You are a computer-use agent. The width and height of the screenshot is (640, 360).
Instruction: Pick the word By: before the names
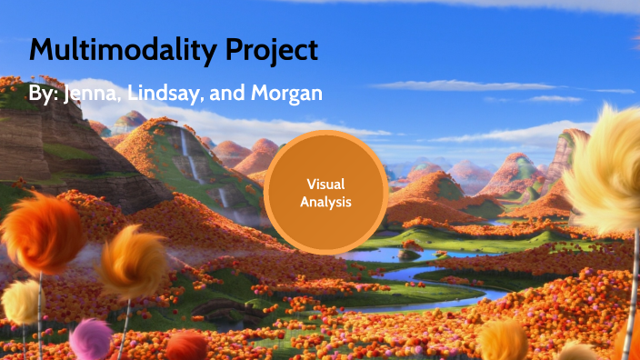pos(43,95)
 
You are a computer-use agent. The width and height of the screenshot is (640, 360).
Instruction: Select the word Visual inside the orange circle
pos(325,184)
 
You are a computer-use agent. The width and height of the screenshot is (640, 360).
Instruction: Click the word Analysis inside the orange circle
pos(325,201)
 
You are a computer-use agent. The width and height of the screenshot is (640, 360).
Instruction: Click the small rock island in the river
pos(411,254)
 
